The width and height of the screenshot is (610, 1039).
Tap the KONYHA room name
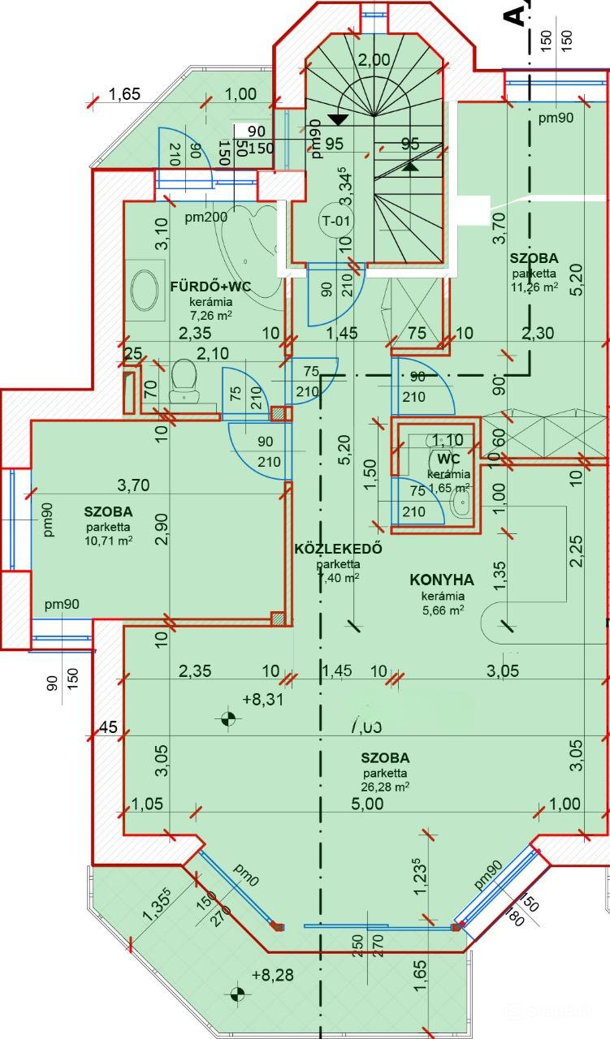click(442, 580)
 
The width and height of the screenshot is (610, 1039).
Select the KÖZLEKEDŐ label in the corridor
click(338, 549)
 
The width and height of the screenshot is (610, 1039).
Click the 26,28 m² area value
click(386, 787)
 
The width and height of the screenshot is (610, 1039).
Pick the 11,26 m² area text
click(534, 287)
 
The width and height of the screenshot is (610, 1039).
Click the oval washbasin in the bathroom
click(145, 289)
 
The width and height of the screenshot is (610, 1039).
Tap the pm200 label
click(205, 217)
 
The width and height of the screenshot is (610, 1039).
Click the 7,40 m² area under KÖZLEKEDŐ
click(338, 577)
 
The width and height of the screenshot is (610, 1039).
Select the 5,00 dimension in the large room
click(367, 804)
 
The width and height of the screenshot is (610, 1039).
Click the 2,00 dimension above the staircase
click(374, 58)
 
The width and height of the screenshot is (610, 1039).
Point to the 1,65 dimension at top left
click(124, 94)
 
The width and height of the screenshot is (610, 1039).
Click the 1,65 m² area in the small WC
click(448, 487)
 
